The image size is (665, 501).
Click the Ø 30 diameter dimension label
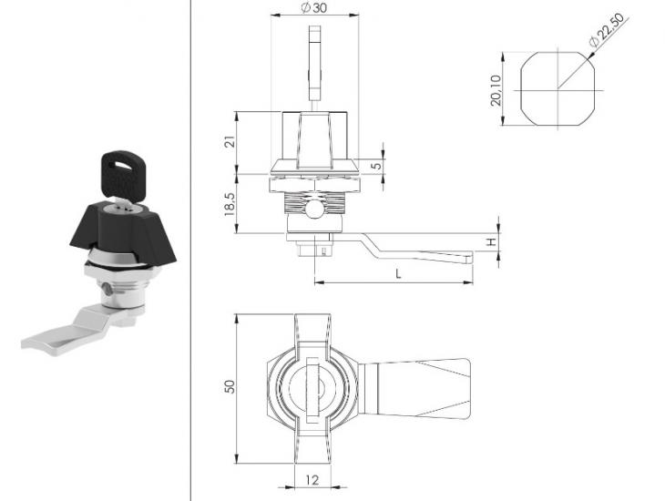314,7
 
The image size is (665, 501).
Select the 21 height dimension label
230,142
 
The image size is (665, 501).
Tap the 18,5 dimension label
230,204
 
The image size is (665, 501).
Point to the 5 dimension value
376,165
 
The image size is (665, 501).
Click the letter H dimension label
491,241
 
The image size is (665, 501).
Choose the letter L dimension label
398,274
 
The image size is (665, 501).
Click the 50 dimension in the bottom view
230,386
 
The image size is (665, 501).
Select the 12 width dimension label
312,480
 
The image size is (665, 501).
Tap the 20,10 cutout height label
496,90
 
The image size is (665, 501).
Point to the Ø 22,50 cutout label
607,30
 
